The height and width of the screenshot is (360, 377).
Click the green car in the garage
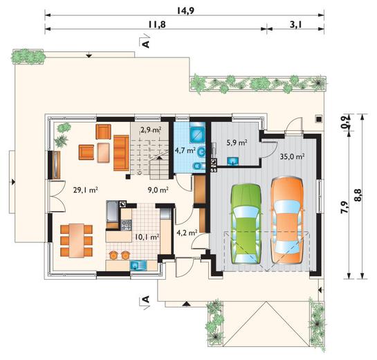246,224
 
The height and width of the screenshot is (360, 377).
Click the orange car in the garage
287,220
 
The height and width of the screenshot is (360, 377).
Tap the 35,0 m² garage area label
293,157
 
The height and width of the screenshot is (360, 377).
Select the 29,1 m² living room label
85,190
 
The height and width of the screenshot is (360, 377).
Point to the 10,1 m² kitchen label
147,237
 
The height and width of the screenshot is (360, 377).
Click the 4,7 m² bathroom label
185,151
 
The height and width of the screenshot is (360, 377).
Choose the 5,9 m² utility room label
237,143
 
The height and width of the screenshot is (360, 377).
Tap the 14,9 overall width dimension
185,10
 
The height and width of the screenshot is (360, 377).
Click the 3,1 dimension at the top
296,24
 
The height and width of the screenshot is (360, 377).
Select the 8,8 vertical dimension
358,195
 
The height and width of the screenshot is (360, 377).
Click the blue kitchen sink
138,265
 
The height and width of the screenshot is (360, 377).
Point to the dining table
77,241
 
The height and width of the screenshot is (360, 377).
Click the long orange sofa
122,153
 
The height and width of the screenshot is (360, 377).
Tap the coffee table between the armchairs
104,152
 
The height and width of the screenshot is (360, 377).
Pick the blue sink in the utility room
232,161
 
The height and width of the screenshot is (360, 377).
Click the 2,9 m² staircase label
151,130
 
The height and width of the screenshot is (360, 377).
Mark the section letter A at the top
146,44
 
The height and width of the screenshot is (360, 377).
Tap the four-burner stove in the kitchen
126,225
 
